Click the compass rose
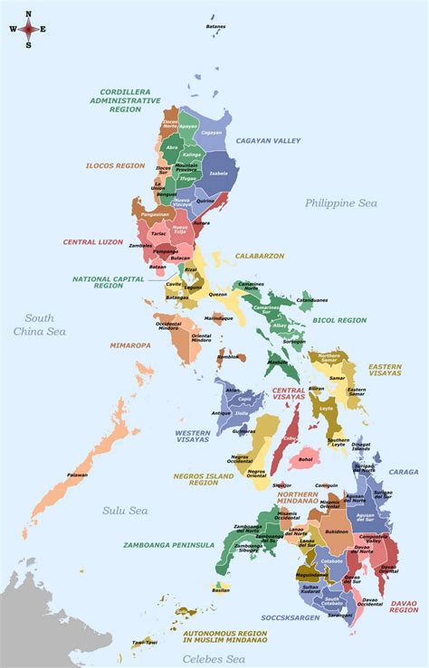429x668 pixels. click(28, 29)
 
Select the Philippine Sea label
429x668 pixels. click(340, 203)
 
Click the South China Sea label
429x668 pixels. click(39, 325)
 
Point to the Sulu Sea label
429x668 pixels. click(124, 511)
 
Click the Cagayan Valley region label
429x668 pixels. click(268, 141)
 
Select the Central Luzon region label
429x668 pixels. click(92, 242)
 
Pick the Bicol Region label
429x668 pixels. click(339, 320)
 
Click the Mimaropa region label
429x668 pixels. click(131, 344)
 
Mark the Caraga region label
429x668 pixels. click(404, 471)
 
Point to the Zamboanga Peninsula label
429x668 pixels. click(168, 545)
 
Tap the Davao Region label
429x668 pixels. click(404, 607)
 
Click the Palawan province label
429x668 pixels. click(78, 475)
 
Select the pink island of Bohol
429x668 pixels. click(305, 458)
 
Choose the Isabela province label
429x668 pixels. click(218, 174)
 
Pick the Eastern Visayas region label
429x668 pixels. click(385, 372)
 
